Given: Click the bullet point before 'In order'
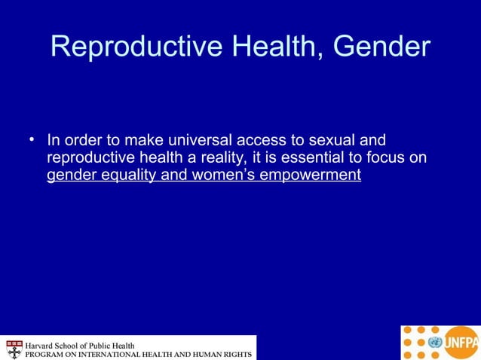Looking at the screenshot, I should tap(32, 139).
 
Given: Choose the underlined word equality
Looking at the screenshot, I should tap(120, 176).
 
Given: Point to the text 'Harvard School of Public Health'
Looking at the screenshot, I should tap(81, 345).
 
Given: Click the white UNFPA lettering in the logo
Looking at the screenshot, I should tap(461, 343).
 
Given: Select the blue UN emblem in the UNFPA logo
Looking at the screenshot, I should tap(434, 343).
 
